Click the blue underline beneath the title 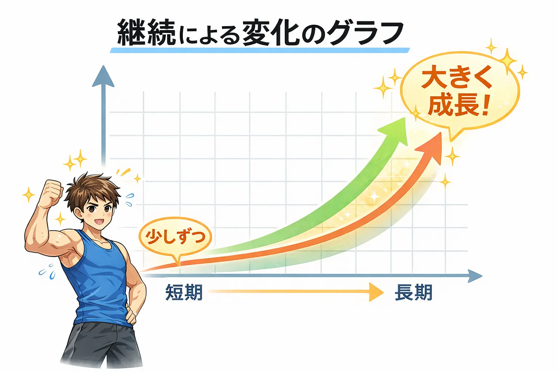(x=259, y=50)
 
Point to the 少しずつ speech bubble (x=175, y=237)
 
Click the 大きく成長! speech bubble (x=459, y=92)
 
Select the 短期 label (x=184, y=292)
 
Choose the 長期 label (x=413, y=292)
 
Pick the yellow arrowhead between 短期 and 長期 (x=376, y=292)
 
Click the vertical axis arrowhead (x=103, y=77)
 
